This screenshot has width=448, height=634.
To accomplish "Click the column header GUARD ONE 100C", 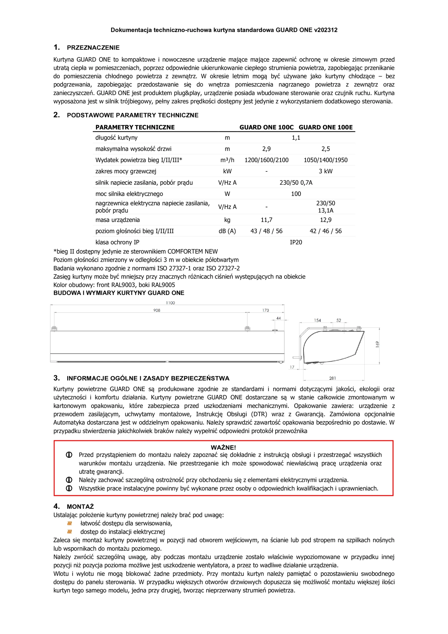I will [x=266, y=127].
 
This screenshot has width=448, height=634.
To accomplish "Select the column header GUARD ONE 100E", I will [x=326, y=127].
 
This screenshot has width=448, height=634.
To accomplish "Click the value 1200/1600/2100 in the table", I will [x=266, y=160].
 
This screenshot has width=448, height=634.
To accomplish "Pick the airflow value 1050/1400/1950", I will [x=326, y=160].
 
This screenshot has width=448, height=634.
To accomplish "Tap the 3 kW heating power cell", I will [x=326, y=171].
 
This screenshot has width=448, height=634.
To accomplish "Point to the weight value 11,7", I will [x=266, y=220].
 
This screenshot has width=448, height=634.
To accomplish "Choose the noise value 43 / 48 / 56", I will [x=266, y=231].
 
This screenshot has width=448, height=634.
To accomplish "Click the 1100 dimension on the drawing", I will [x=170, y=303].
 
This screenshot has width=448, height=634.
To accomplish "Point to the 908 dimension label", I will [x=157, y=310].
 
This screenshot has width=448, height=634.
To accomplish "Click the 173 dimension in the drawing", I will [x=265, y=310].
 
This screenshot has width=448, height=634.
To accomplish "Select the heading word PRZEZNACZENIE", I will [x=93, y=48].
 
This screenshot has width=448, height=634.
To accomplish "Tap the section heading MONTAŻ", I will [x=80, y=507].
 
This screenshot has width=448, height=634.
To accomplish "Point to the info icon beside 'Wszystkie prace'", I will [x=69, y=488].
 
